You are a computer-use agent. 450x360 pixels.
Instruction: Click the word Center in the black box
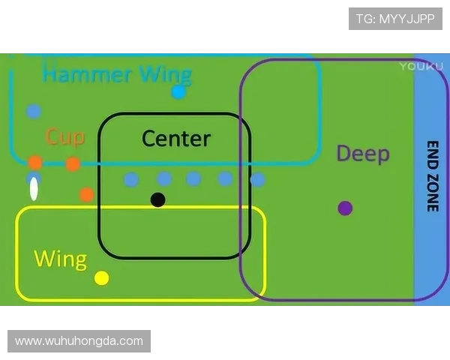click(176, 139)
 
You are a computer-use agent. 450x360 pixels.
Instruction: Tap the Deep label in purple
click(363, 154)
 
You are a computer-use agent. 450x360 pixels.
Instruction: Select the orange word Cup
click(65, 136)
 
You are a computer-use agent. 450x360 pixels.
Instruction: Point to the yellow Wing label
click(61, 259)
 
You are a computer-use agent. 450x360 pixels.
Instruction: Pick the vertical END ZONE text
click(432, 176)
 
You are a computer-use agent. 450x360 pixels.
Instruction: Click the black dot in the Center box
click(157, 199)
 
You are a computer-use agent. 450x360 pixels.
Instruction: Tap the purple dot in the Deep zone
click(345, 208)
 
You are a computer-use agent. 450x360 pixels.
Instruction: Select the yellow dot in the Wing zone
click(102, 278)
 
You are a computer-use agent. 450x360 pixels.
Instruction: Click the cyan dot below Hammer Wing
click(178, 92)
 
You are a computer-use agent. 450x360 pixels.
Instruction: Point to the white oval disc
click(34, 190)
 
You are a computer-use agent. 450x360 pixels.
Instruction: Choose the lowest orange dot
click(86, 195)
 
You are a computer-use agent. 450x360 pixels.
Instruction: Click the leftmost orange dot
click(35, 163)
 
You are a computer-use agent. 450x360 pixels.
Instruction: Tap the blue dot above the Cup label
click(34, 111)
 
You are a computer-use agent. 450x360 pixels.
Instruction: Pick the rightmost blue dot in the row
click(257, 180)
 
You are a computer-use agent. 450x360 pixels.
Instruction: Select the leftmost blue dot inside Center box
click(131, 179)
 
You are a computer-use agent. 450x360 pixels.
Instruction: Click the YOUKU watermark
click(416, 66)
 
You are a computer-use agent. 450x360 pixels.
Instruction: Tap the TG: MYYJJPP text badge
click(395, 19)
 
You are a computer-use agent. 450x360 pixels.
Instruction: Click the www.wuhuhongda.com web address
click(79, 341)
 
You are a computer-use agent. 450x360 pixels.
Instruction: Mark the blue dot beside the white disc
click(34, 178)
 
